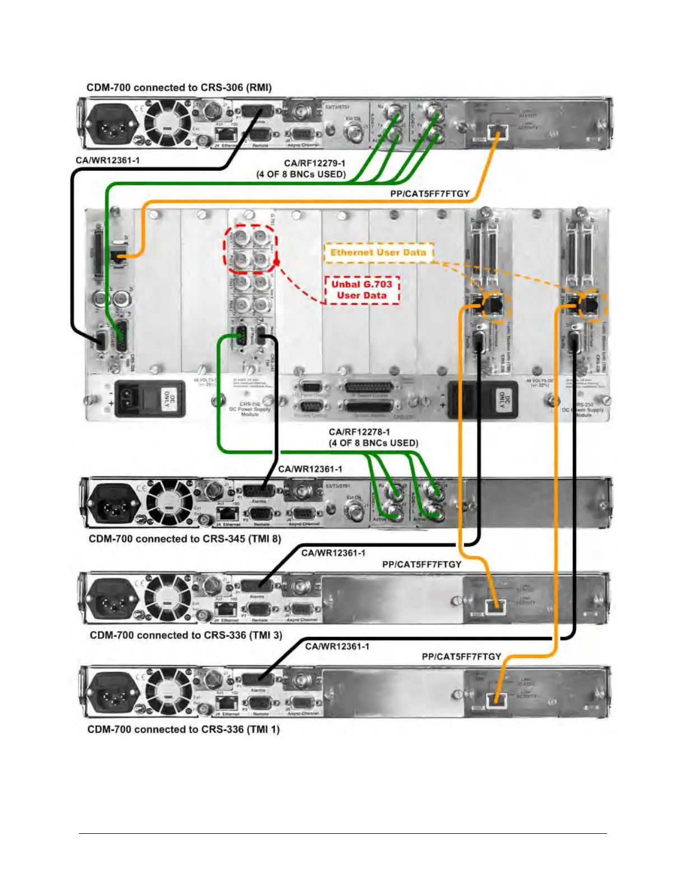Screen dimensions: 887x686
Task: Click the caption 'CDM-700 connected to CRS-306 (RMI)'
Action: [179, 87]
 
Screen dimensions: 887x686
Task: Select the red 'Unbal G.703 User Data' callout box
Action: [361, 290]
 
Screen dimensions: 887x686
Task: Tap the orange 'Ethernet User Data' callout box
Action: [378, 253]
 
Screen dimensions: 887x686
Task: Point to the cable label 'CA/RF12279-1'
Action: [314, 163]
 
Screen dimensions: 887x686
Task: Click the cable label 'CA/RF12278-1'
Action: [359, 432]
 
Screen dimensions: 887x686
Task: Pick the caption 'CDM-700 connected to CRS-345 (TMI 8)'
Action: [184, 539]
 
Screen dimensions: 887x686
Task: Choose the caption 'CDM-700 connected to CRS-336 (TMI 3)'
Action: [186, 635]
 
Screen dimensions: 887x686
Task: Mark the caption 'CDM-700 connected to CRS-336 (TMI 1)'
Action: [183, 729]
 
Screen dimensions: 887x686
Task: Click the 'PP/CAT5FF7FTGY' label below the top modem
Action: [429, 194]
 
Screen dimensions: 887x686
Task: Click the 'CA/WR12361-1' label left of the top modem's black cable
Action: [108, 160]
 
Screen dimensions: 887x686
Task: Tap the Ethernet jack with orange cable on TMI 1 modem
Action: [494, 699]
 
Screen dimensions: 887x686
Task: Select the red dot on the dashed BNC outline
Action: [276, 262]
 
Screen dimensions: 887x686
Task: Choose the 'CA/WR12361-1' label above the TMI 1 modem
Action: [337, 646]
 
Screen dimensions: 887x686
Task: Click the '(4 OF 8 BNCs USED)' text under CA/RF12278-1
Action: [373, 443]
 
